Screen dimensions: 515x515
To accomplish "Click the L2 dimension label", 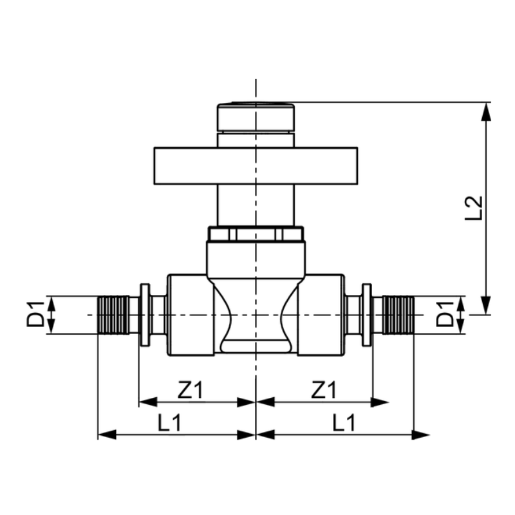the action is [x=474, y=208].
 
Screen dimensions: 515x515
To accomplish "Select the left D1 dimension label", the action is [x=35, y=314].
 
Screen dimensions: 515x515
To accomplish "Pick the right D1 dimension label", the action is [x=445, y=314].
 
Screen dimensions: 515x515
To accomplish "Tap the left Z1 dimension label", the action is [x=191, y=389].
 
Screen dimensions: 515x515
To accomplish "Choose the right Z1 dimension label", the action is [x=324, y=389].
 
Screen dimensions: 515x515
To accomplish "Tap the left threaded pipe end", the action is [x=114, y=315].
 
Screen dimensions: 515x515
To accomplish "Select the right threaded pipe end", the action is [x=398, y=315].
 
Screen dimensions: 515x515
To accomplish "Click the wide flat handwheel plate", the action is [x=256, y=166].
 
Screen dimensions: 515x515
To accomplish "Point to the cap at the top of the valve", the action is [x=256, y=118].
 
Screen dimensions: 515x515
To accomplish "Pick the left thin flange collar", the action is [x=145, y=315].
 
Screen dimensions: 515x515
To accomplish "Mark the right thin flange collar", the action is [x=367, y=315].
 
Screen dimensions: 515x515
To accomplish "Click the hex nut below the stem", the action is [x=256, y=234].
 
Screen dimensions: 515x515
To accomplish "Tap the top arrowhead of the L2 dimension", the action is [x=487, y=111].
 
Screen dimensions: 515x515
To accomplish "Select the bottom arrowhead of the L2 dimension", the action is [x=487, y=305].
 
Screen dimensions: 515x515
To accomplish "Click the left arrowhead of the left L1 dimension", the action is [x=107, y=435].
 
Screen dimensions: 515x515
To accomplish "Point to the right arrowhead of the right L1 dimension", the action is [x=421, y=435].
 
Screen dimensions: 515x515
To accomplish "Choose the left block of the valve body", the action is [x=191, y=315].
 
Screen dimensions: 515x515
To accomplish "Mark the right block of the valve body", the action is [x=321, y=315].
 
